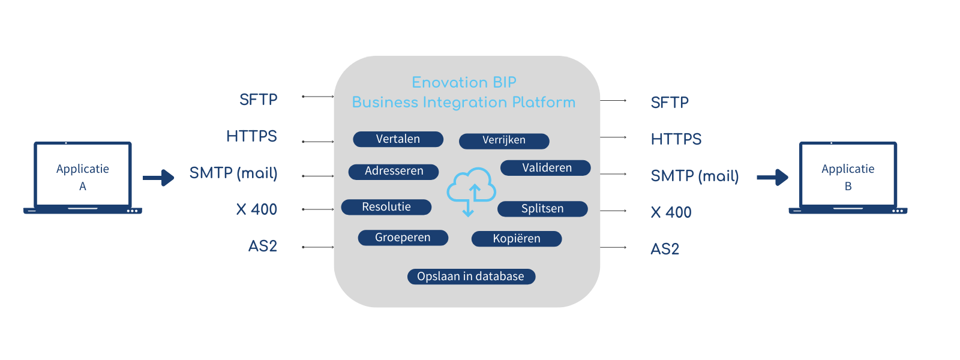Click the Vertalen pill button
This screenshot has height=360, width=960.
[398, 139]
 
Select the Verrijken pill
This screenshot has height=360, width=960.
[504, 140]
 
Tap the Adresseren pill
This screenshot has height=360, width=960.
[394, 172]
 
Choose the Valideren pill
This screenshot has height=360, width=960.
[545, 168]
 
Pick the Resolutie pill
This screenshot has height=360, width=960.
[386, 207]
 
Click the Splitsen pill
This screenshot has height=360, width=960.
[542, 209]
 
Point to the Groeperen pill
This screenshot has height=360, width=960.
[403, 238]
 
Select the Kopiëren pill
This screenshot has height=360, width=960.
[517, 239]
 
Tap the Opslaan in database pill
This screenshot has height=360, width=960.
[471, 277]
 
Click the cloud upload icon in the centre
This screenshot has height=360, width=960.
[471, 190]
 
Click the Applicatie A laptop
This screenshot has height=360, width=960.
[83, 178]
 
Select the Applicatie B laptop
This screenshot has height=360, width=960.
[848, 178]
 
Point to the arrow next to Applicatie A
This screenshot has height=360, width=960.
[158, 178]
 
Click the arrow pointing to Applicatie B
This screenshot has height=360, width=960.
[772, 178]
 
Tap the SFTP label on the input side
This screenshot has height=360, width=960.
[258, 100]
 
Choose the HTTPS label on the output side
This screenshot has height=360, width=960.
[676, 139]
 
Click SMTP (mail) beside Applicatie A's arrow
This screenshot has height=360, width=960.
[233, 173]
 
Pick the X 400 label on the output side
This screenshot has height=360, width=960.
[671, 212]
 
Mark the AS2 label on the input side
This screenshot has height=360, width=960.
[263, 246]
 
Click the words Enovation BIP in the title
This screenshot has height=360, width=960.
[464, 83]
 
